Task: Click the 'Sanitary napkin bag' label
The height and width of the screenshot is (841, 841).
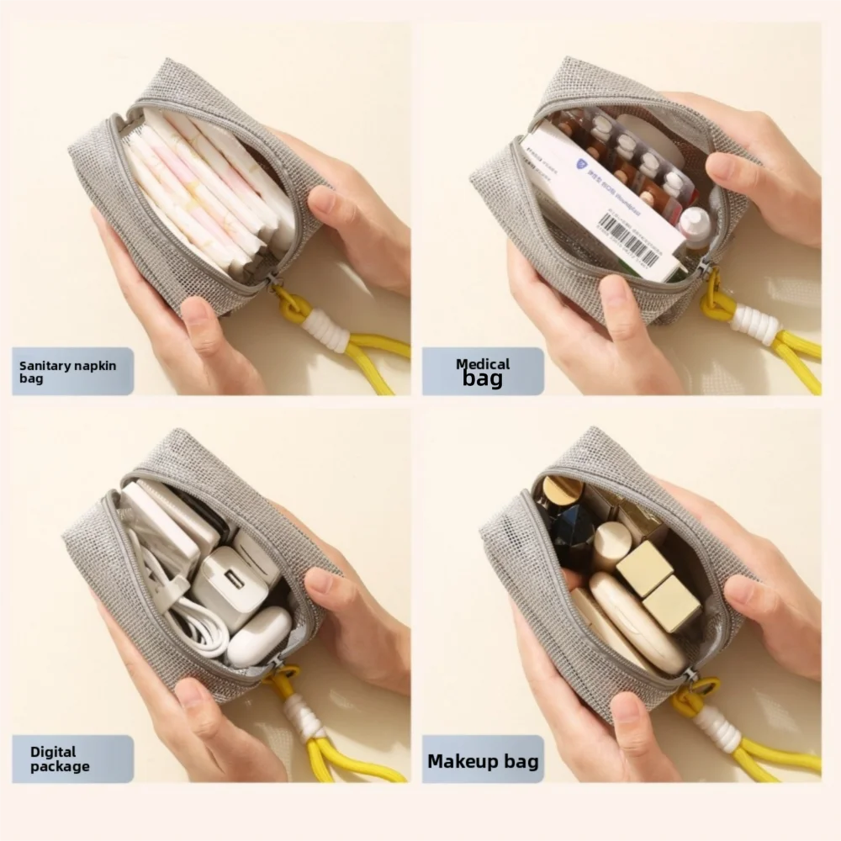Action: [x=71, y=372]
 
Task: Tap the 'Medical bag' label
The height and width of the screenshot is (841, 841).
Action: [x=483, y=372]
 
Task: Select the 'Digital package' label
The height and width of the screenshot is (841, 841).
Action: [x=71, y=759]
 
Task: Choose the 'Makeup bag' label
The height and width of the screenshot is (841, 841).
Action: [x=483, y=762]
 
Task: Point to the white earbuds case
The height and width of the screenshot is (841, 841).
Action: [x=259, y=636]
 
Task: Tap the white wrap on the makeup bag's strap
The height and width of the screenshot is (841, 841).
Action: [x=716, y=728]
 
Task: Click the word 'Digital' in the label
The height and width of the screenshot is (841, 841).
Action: [x=53, y=752]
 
